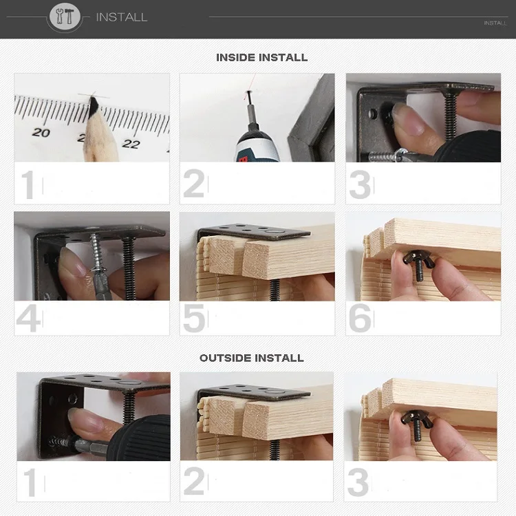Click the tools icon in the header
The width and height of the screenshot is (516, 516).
[x=65, y=17]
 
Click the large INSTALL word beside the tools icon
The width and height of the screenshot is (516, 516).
[x=121, y=17]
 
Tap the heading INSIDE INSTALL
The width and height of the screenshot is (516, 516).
[x=261, y=58]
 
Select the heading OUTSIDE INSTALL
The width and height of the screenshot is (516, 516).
[x=251, y=358]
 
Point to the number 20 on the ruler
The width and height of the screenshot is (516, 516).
[x=41, y=132]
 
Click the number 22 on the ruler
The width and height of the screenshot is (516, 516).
[x=131, y=144]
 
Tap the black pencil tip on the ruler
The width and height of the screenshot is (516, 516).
[x=93, y=107]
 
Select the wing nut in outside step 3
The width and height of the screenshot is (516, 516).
[x=416, y=422]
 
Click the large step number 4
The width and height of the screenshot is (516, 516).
[x=28, y=319]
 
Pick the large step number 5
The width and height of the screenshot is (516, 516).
[x=193, y=319]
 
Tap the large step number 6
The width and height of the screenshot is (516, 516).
[x=360, y=319]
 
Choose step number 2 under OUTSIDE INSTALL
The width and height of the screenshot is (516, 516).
[x=194, y=481]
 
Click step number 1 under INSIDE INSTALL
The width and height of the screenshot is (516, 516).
[x=28, y=184]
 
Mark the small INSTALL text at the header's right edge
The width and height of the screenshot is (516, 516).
[x=495, y=23]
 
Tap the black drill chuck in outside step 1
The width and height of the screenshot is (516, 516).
[x=139, y=438]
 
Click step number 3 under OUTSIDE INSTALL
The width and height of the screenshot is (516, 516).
[x=358, y=482]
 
